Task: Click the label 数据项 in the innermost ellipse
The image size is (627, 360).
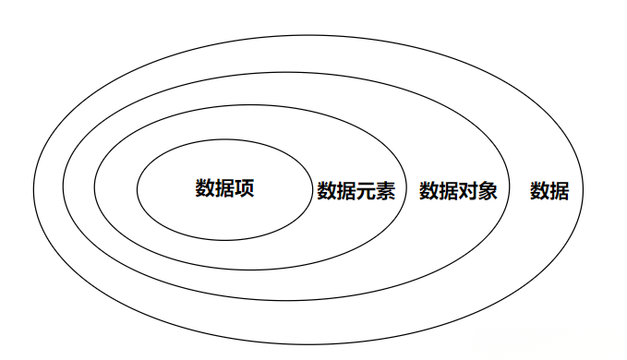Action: (224, 188)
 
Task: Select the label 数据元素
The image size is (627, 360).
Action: (356, 191)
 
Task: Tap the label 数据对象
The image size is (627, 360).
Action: (458, 191)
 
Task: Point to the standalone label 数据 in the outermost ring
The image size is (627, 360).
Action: (549, 191)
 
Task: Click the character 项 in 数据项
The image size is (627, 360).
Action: (245, 188)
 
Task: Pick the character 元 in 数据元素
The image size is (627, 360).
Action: (366, 191)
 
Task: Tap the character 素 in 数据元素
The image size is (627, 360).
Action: (385, 191)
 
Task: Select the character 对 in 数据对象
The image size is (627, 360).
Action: (468, 191)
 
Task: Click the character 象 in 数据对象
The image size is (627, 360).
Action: (488, 191)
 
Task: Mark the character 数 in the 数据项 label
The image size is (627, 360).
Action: (205, 188)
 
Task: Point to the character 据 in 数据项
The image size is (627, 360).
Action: (224, 188)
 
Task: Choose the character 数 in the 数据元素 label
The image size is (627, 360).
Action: (326, 191)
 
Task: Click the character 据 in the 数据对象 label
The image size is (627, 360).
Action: (449, 191)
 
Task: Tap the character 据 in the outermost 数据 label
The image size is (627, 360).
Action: (560, 191)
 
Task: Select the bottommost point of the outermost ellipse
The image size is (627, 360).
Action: (307, 344)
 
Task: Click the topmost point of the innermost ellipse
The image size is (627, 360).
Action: (224, 138)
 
